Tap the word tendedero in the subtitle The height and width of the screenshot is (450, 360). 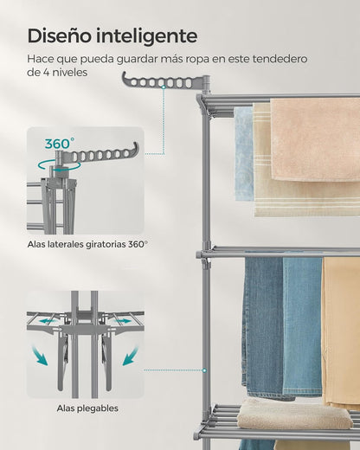(280, 59)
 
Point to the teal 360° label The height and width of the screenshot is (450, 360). (60, 144)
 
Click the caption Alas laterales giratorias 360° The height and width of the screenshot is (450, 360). (87, 244)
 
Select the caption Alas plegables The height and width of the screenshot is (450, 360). (87, 408)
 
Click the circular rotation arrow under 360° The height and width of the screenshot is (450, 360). (59, 166)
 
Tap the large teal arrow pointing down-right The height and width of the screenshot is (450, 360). (40, 356)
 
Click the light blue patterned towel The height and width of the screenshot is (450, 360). (244, 154)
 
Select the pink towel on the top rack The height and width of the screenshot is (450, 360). (315, 139)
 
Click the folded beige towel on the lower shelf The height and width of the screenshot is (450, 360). (295, 414)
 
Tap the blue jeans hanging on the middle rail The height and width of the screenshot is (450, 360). (282, 327)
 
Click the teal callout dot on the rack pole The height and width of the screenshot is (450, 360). (204, 370)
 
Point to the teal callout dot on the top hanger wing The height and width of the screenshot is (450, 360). (164, 87)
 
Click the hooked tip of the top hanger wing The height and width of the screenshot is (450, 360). (125, 77)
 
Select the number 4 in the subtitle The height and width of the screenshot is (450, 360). (46, 72)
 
